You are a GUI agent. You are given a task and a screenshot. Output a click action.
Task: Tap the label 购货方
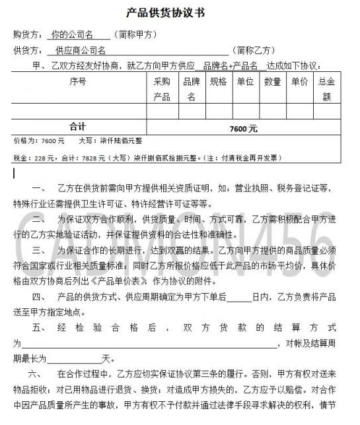coord(27,34)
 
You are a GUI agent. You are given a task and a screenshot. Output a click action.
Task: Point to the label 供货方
coord(27,49)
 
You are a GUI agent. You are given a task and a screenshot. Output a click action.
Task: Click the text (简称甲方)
coord(135,34)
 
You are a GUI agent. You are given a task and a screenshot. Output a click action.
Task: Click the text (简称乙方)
coord(254,49)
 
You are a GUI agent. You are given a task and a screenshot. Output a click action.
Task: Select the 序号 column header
coord(77,82)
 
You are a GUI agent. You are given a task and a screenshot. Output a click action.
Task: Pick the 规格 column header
coord(218,82)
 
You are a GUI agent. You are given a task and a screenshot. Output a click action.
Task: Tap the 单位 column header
coord(245,82)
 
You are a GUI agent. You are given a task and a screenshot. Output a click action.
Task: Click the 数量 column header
coord(272,82)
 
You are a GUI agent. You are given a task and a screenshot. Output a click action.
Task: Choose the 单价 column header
coord(299,82)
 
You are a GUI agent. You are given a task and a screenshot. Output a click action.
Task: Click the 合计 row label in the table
coord(77,127)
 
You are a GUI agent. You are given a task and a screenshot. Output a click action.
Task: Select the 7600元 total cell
coord(244,127)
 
